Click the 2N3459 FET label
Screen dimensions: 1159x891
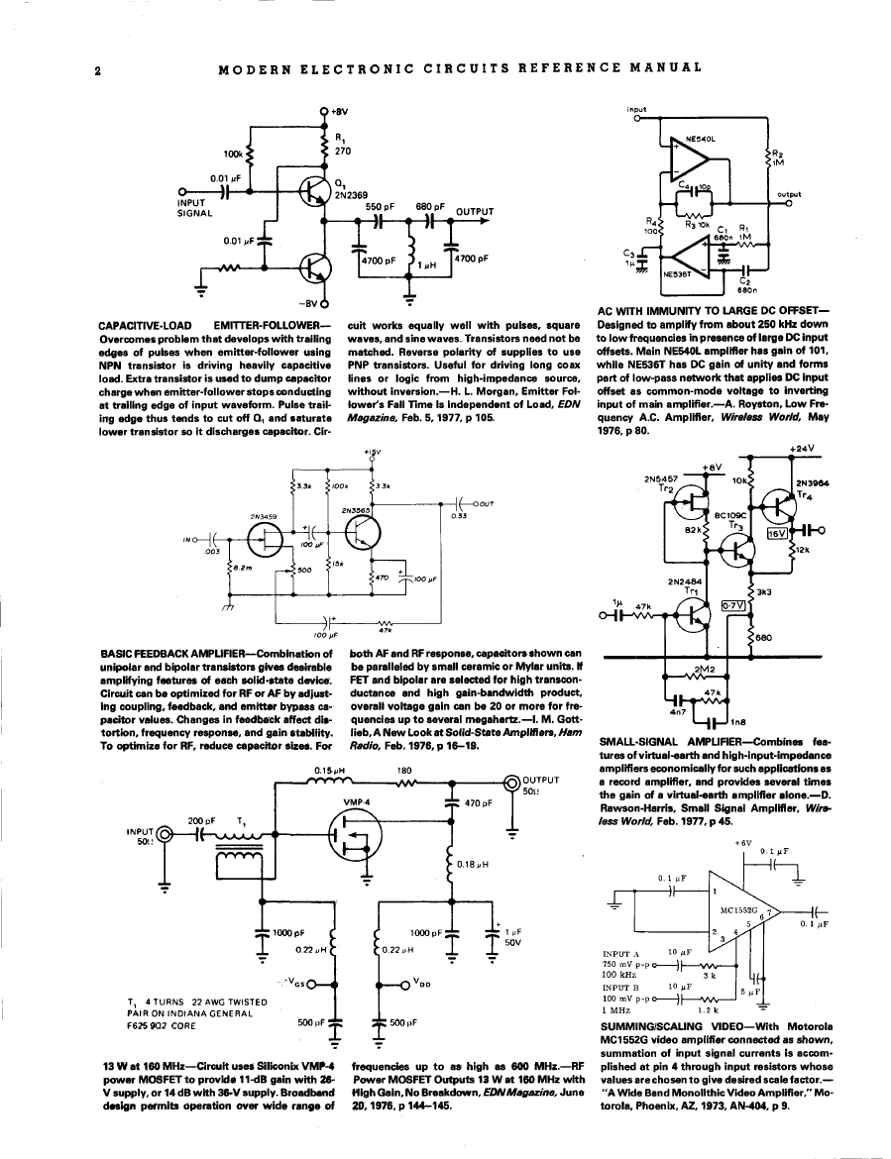263,516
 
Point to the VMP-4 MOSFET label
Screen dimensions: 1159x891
356,801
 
